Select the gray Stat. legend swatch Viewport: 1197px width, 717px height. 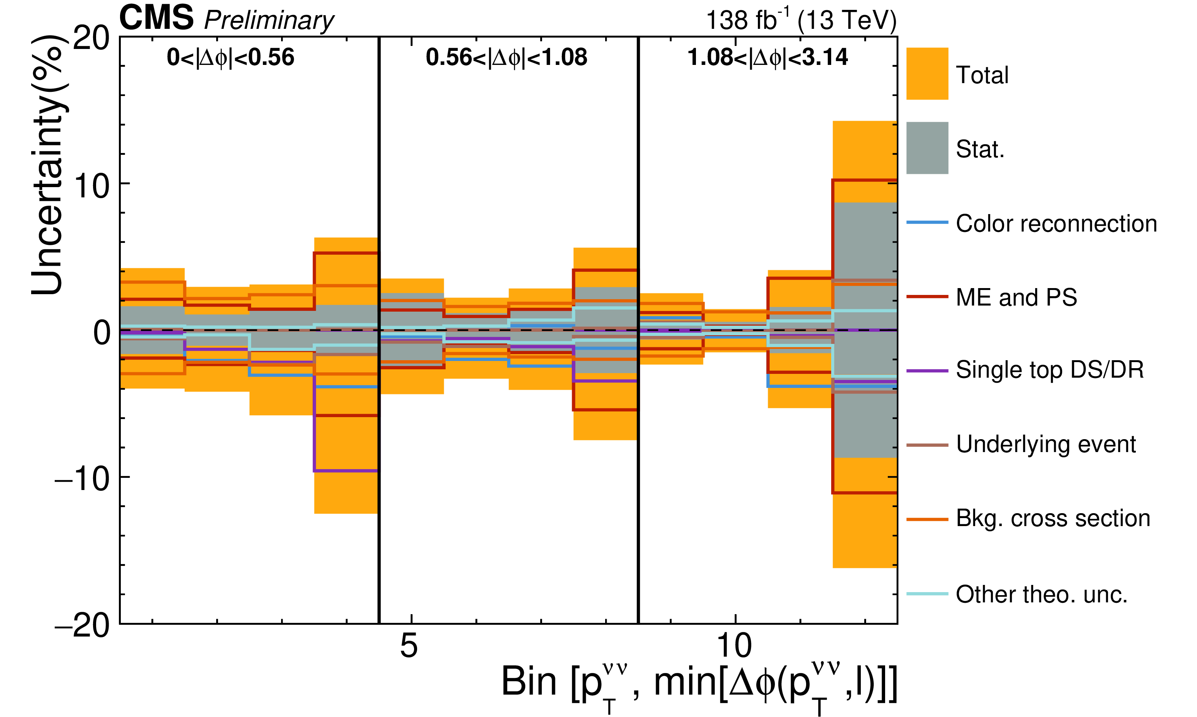pos(927,148)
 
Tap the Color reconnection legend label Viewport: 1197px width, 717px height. pos(1056,224)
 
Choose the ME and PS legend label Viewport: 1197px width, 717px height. pos(1016,297)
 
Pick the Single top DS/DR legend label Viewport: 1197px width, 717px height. pos(1050,370)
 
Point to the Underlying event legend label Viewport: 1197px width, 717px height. pos(1046,444)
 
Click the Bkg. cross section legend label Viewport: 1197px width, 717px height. pos(1053,518)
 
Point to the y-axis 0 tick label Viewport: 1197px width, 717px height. pos(101,333)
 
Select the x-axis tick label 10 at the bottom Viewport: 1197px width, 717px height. pos(734,646)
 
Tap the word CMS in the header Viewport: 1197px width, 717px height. pos(156,18)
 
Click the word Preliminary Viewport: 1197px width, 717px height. pos(269,20)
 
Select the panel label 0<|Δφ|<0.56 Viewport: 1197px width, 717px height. pos(231,57)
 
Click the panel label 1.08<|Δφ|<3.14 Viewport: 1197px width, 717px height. pos(768,57)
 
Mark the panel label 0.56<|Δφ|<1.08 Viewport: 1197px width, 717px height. pos(506,57)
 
